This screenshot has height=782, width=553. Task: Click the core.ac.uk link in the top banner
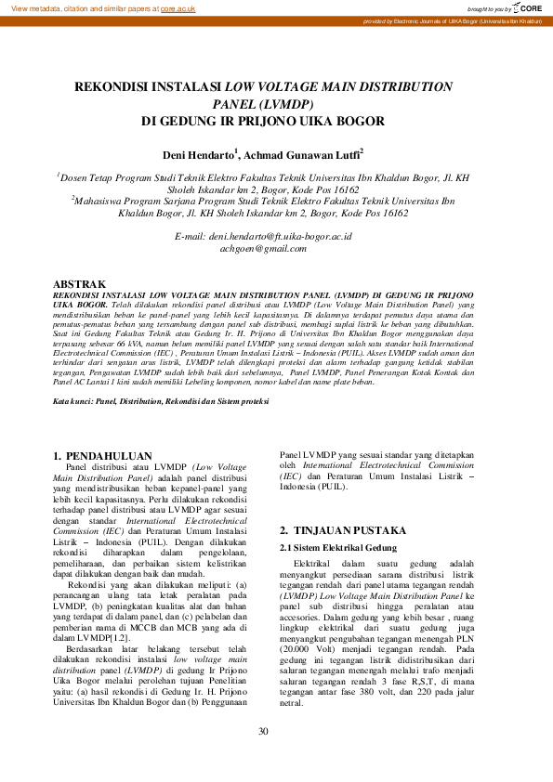pyautogui.click(x=178, y=7)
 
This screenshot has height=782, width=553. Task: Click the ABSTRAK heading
pyautogui.click(x=79, y=282)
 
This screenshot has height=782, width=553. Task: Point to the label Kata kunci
pyautogui.click(x=74, y=400)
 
